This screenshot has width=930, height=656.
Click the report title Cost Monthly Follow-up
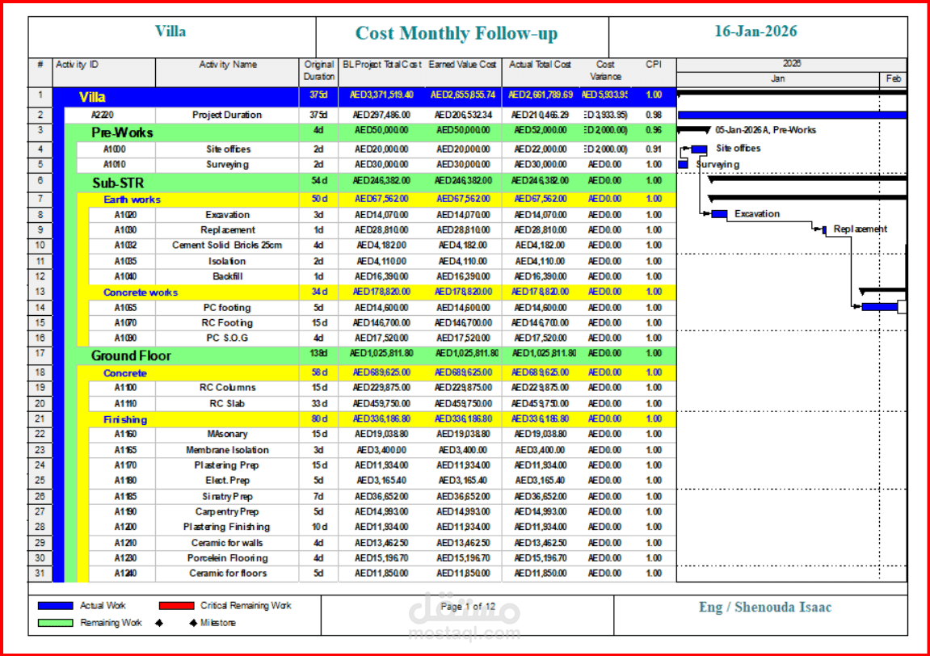pyautogui.click(x=457, y=34)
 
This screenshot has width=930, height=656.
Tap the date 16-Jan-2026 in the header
pyautogui.click(x=755, y=32)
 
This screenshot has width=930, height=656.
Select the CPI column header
pyautogui.click(x=654, y=65)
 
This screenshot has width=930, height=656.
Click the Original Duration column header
pyautogui.click(x=318, y=70)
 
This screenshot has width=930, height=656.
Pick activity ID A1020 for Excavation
pyautogui.click(x=125, y=215)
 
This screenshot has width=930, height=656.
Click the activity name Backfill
pyautogui.click(x=227, y=276)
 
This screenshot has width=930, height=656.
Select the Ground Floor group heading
pyautogui.click(x=131, y=355)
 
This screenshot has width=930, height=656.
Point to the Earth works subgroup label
pyautogui.click(x=132, y=200)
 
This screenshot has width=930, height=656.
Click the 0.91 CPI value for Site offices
pyautogui.click(x=654, y=149)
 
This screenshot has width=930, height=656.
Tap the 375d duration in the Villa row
pyautogui.click(x=318, y=95)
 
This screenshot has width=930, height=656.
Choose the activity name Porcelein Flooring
pyautogui.click(x=227, y=558)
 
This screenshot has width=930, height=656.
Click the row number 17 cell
pyautogui.click(x=40, y=354)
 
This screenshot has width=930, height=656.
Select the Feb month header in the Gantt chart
pyautogui.click(x=893, y=79)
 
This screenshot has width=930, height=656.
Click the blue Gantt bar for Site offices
pyautogui.click(x=699, y=149)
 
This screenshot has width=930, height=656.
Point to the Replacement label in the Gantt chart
pyautogui.click(x=860, y=229)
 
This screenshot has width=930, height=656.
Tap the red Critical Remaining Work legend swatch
pyautogui.click(x=176, y=606)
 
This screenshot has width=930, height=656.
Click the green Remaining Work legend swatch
pyautogui.click(x=55, y=623)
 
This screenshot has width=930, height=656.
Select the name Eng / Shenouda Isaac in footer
pyautogui.click(x=764, y=608)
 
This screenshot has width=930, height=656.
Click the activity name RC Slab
pyautogui.click(x=227, y=404)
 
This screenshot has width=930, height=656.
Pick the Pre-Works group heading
pyautogui.click(x=122, y=132)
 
